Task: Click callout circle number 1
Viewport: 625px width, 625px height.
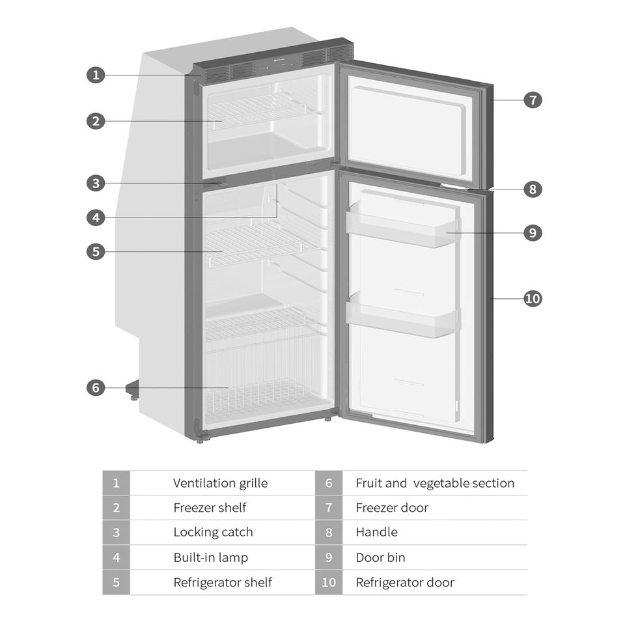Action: tap(96, 75)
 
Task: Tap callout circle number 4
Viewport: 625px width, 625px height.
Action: tap(96, 217)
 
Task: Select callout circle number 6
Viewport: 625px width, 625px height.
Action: tap(96, 387)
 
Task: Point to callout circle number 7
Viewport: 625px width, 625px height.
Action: tap(533, 100)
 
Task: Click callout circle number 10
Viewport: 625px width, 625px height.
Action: tap(533, 299)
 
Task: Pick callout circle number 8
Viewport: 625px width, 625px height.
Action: tap(533, 189)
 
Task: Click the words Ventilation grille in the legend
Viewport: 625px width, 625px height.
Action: tap(220, 483)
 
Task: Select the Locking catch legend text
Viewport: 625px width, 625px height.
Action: tap(213, 533)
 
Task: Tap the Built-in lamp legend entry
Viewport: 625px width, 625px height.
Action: tap(210, 557)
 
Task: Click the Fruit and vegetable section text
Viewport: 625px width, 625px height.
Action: tap(434, 483)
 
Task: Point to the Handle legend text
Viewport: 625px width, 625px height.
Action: tap(376, 533)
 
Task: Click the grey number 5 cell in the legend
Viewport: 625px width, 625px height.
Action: tap(116, 582)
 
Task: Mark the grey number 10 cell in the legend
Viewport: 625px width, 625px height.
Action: tap(329, 582)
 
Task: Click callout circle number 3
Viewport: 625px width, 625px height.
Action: tap(96, 183)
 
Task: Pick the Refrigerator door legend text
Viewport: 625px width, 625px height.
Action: tap(405, 582)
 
